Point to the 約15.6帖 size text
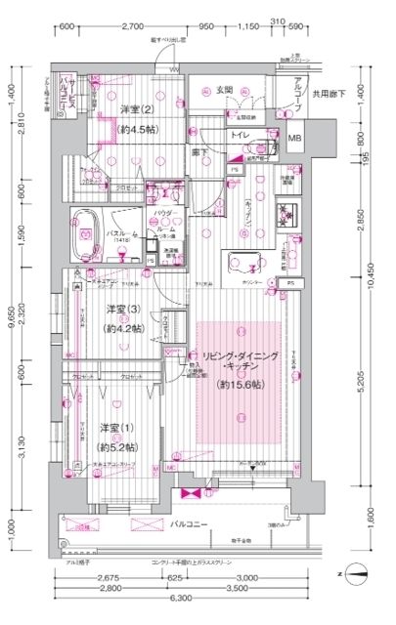point(238,386)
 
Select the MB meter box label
point(295,140)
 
